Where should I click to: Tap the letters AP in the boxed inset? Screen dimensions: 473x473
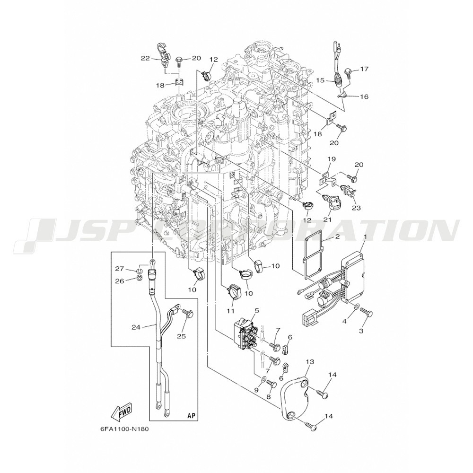tap(191, 415)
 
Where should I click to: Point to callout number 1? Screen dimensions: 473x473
tap(365, 237)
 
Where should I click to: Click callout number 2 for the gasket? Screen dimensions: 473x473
tap(337, 237)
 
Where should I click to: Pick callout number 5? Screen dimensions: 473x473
tap(257, 310)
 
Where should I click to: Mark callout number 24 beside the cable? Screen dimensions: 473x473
tap(136, 327)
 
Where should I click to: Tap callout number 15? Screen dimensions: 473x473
tap(320, 80)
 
